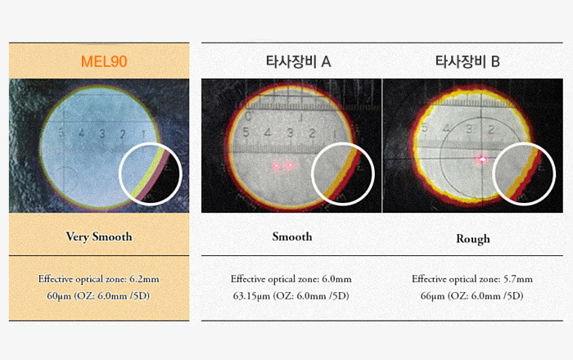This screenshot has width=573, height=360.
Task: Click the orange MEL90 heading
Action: click(x=104, y=61)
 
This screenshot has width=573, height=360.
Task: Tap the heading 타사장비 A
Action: click(x=298, y=61)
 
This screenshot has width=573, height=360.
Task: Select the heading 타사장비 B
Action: click(x=467, y=61)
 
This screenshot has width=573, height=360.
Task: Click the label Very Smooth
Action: click(x=99, y=236)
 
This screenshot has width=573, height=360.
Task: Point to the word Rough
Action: click(x=473, y=239)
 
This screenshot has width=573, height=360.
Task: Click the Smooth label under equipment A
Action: click(x=292, y=236)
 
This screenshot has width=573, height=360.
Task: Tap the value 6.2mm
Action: click(x=144, y=279)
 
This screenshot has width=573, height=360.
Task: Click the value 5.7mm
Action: click(x=518, y=279)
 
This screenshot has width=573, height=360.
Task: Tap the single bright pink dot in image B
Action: click(x=482, y=159)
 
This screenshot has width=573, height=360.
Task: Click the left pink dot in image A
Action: click(x=277, y=166)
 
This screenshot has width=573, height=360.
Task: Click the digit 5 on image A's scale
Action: click(x=246, y=133)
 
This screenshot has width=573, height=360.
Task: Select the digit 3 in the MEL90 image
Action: click(x=102, y=133)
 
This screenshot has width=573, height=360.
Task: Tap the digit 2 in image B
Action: click(x=491, y=129)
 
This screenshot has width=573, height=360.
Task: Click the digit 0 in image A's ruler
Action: click(x=249, y=117)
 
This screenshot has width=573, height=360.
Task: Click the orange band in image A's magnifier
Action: click(x=340, y=172)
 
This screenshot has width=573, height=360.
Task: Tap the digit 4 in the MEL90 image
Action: click(x=81, y=133)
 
